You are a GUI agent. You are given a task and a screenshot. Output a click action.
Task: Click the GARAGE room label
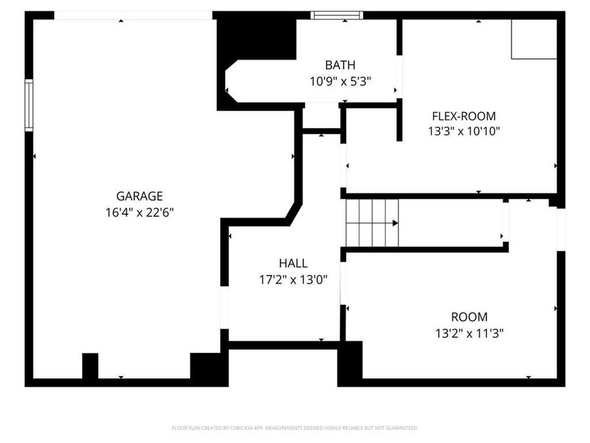point(139,196)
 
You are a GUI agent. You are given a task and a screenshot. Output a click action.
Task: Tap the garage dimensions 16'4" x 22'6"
point(139,212)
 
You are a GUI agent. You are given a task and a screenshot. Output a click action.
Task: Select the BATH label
point(340,65)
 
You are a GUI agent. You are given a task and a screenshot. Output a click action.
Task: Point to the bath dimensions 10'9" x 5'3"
point(340,81)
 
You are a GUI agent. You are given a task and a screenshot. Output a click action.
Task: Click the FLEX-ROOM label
point(464,116)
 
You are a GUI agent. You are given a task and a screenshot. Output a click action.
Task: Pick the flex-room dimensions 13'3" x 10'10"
point(464,131)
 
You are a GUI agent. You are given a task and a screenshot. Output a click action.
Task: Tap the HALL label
point(293,263)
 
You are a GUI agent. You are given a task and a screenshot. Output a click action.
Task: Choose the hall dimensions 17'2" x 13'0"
point(293,279)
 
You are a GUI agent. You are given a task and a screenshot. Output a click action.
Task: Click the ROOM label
point(469,317)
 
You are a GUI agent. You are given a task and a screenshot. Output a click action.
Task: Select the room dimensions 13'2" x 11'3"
point(469,333)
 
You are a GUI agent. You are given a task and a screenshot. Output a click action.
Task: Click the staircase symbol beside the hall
point(372,222)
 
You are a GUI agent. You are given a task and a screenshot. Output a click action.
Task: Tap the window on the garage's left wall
point(29,105)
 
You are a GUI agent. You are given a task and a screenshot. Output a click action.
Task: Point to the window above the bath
point(336,15)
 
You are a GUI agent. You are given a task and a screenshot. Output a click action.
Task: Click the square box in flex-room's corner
point(534,39)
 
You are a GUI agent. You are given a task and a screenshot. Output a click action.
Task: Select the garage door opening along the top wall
point(133,15)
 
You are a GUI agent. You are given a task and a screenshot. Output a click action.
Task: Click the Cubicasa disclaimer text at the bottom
point(294,428)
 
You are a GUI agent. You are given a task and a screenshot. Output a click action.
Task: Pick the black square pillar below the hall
point(349,364)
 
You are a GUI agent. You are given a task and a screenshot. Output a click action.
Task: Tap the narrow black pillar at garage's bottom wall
point(90,366)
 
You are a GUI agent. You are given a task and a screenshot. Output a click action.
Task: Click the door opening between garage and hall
point(225,307)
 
